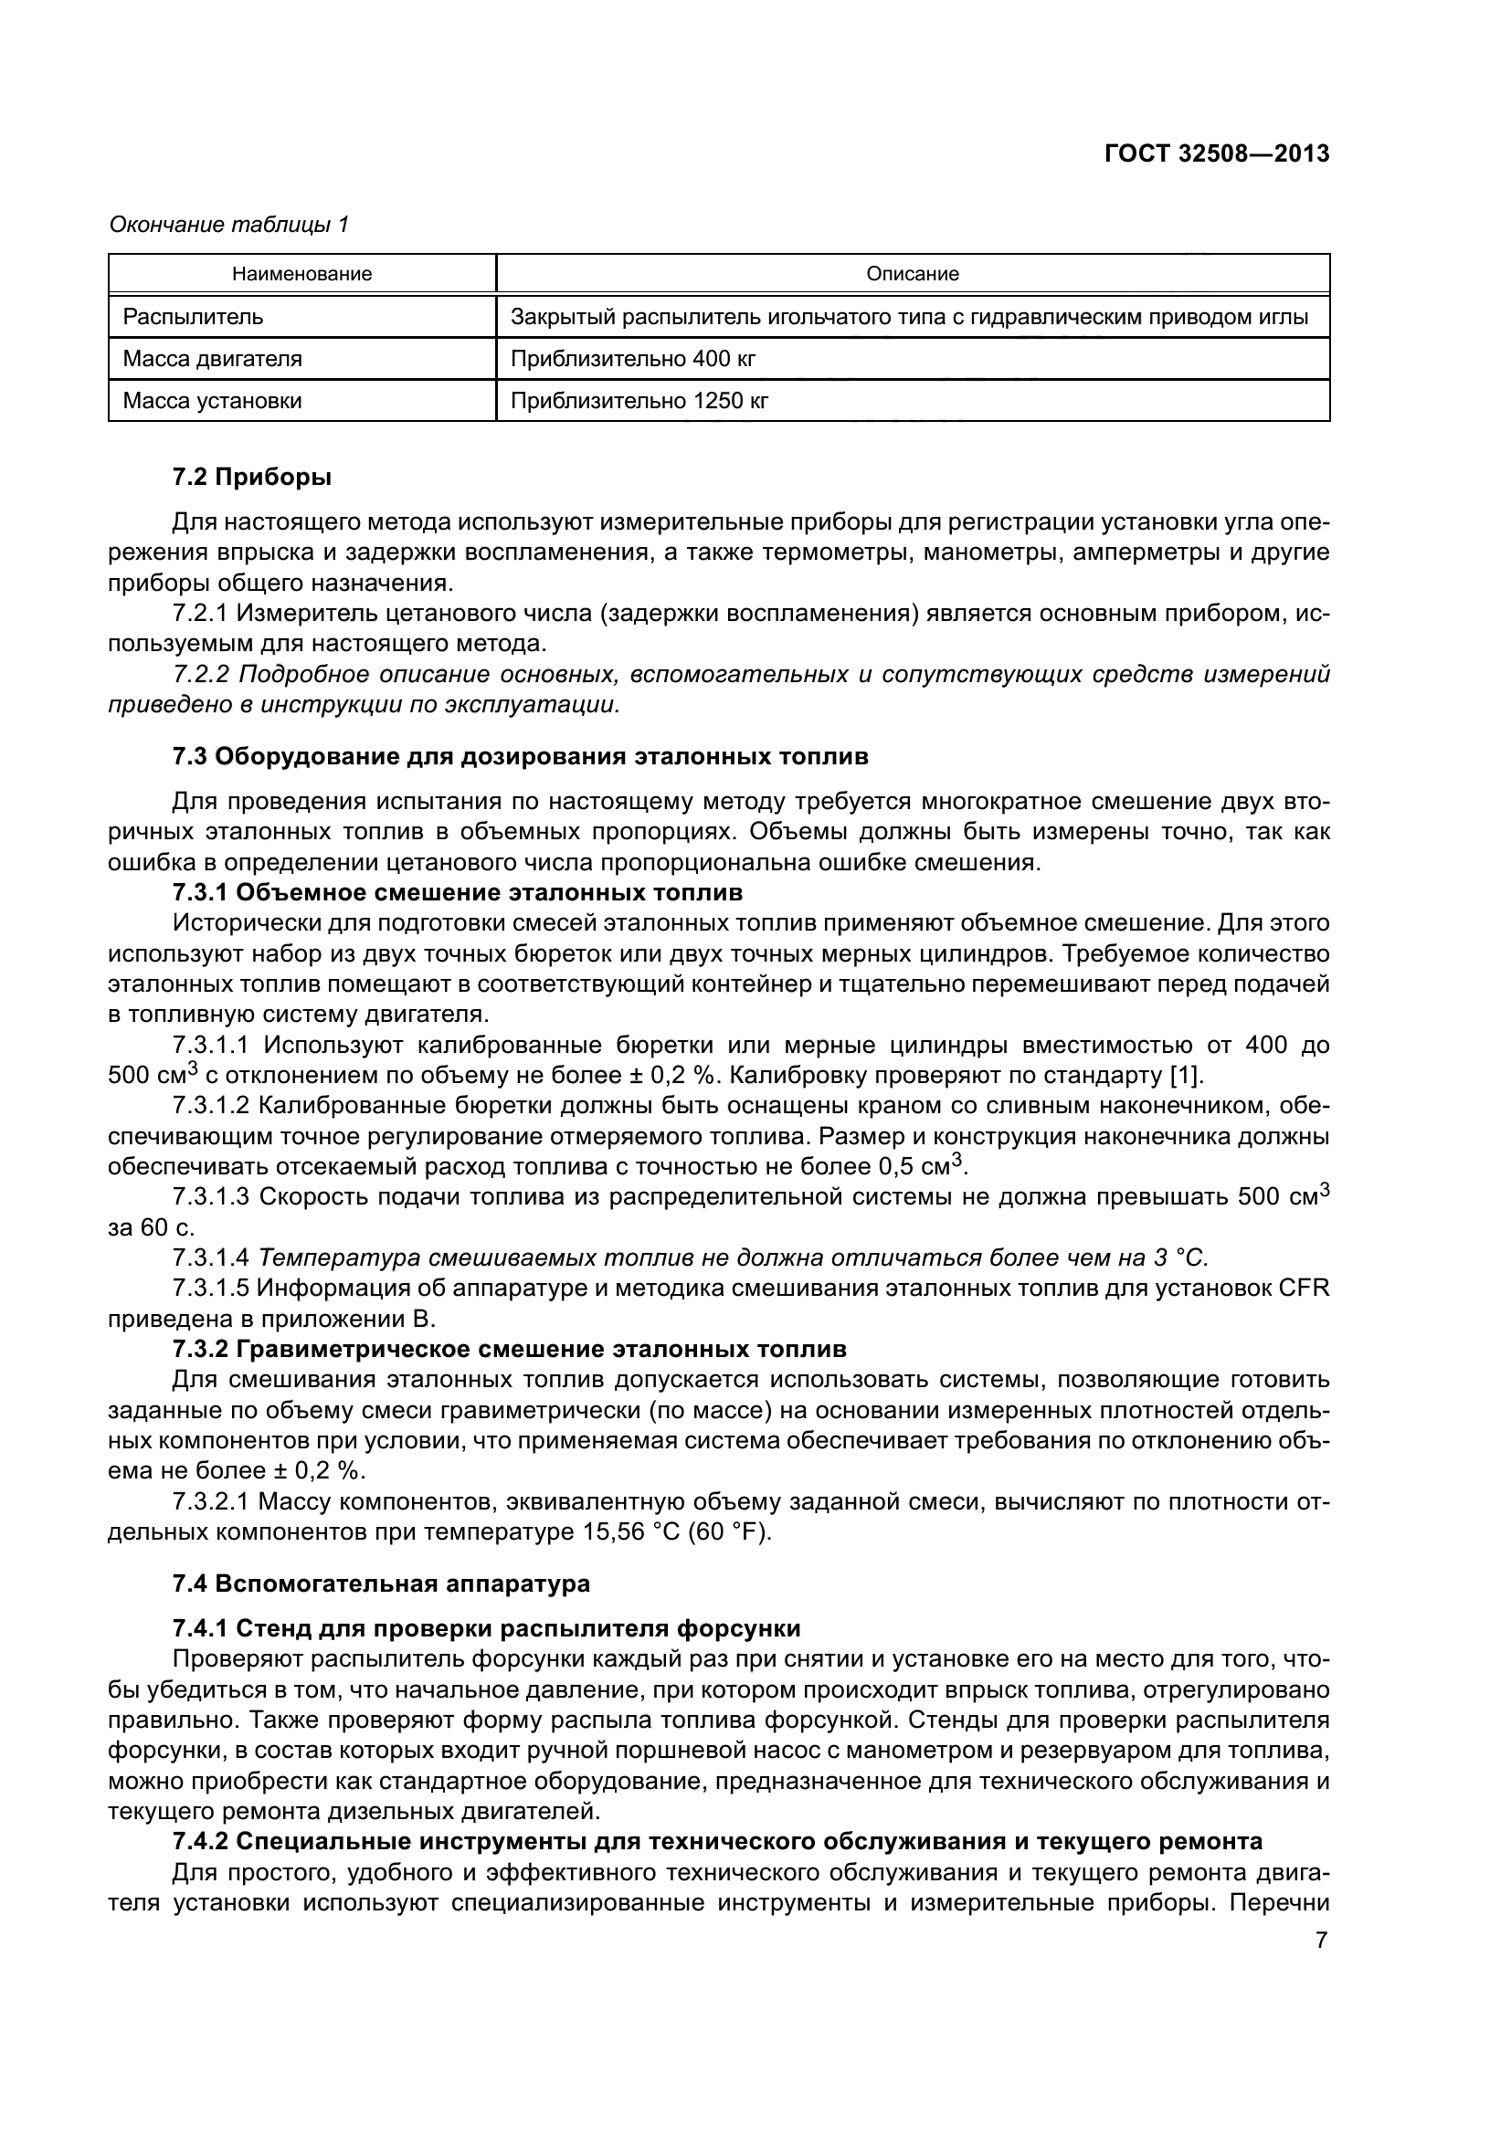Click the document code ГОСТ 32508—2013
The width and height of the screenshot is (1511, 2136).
pyautogui.click(x=1216, y=154)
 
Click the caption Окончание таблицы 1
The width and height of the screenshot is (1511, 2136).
pyautogui.click(x=229, y=226)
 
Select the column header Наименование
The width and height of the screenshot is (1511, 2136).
pyautogui.click(x=301, y=275)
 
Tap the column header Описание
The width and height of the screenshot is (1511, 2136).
pyautogui.click(x=912, y=275)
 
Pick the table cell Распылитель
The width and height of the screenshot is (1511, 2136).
pyautogui.click(x=194, y=317)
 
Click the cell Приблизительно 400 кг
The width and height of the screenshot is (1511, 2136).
pyautogui.click(x=633, y=359)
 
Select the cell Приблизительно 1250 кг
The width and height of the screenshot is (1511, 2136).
pyautogui.click(x=639, y=401)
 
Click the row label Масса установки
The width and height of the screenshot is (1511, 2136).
pyautogui.click(x=212, y=401)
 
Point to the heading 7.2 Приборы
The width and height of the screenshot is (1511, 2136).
pyautogui.click(x=251, y=479)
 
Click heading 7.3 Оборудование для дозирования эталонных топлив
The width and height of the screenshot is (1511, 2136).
pyautogui.click(x=520, y=756)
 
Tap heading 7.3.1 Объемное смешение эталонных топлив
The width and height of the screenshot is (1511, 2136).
pyautogui.click(x=457, y=893)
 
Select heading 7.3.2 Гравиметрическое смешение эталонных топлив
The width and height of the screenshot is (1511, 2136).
pyautogui.click(x=509, y=1349)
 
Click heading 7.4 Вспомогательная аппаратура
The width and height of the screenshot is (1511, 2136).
pyautogui.click(x=381, y=1584)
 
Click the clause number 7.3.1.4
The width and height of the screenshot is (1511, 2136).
pyautogui.click(x=210, y=1258)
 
